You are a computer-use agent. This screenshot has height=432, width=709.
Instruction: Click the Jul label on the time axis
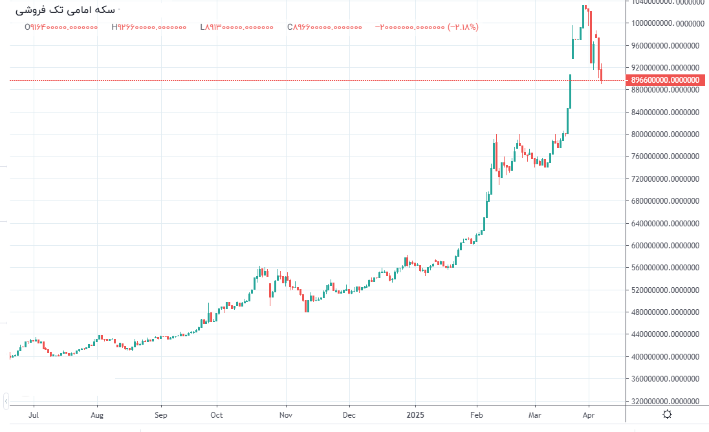coord(34,415)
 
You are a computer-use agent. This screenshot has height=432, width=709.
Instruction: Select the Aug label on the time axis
coord(98,415)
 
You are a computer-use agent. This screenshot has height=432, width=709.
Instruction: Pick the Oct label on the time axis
coord(217,415)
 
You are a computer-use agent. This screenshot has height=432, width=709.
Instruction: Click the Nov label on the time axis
coord(285,415)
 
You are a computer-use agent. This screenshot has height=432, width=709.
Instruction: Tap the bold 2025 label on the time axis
coord(415,415)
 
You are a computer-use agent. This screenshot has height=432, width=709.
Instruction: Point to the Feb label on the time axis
coord(476,415)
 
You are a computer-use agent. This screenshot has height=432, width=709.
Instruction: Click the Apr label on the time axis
coord(589,415)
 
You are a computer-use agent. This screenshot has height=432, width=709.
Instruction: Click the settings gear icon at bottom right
coord(667,415)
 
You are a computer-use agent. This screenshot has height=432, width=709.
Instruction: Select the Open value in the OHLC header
coord(61,27)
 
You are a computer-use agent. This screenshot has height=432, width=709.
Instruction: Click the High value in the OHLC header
coord(149,27)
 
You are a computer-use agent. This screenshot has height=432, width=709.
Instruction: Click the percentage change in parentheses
coord(463,27)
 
